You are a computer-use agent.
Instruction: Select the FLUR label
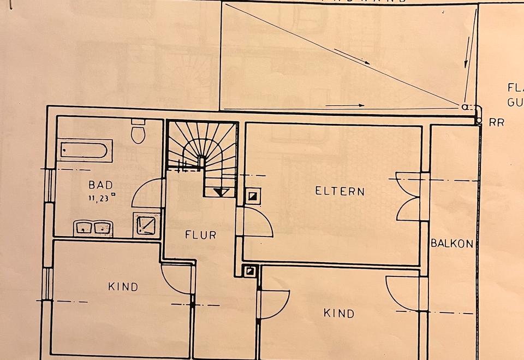[x=200, y=235]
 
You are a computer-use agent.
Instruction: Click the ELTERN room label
[x=340, y=191]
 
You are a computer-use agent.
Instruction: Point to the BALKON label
[x=452, y=244]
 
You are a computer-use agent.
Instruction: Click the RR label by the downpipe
[x=496, y=123]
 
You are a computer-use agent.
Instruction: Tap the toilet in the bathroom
[x=138, y=133]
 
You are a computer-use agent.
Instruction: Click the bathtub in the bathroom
[x=85, y=150]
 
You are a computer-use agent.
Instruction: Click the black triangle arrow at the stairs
[x=220, y=192]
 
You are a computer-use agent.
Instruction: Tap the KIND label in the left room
[x=123, y=287]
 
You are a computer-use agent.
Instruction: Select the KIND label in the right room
[x=339, y=313]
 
